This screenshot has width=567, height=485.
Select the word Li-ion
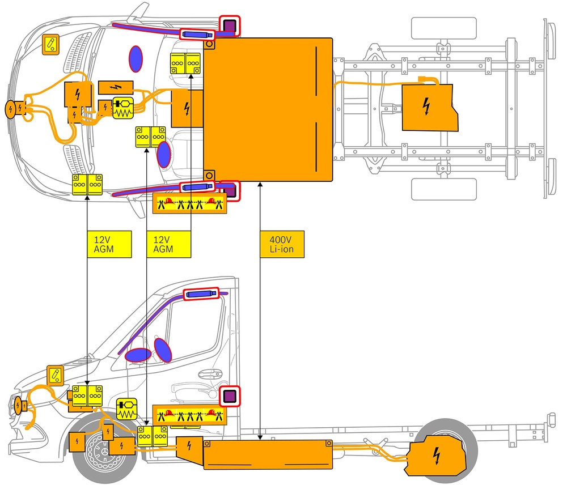tap(281, 249)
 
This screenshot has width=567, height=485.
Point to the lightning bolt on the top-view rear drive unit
tap(426, 105)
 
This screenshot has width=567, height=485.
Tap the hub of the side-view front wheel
tap(105, 453)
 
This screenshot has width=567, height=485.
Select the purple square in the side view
tap(230, 396)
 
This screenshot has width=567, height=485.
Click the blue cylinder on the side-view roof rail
tap(201, 293)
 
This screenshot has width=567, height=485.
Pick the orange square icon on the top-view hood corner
tap(52, 44)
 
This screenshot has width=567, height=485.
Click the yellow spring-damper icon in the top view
tap(122, 108)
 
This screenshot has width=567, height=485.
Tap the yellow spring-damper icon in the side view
tap(126, 409)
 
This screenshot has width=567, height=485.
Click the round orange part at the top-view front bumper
tap(11, 109)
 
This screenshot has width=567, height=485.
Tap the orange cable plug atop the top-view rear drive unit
tap(425, 80)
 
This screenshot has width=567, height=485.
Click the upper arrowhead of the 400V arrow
tap(260, 184)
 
